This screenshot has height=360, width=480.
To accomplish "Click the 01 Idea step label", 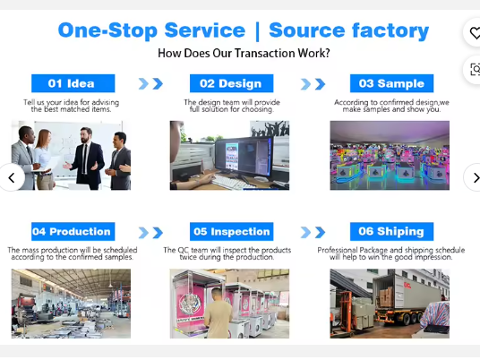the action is [73, 83].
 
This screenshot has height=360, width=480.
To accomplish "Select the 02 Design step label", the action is [231, 83].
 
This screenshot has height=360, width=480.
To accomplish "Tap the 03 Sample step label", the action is [392, 83].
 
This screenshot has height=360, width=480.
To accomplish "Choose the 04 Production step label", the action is [73, 231].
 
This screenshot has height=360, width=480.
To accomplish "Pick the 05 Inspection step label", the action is [231, 231].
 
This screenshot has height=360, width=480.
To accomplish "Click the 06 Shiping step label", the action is [392, 231].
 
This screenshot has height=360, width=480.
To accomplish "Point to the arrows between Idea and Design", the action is [150, 83].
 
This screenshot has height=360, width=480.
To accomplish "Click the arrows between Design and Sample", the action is [313, 84].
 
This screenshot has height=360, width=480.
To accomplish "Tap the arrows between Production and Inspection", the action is [150, 233].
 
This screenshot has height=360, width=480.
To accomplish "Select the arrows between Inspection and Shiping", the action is [313, 233].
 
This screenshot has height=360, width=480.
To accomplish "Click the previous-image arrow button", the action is [12, 177].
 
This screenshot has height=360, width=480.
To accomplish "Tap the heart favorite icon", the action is [475, 33].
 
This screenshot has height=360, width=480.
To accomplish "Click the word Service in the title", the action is [205, 30].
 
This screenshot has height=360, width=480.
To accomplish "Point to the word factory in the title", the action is [390, 31].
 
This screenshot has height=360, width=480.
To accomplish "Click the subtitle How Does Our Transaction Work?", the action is [244, 53].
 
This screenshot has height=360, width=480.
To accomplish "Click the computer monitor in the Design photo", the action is [244, 159].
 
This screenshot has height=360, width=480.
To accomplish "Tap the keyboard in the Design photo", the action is [233, 183].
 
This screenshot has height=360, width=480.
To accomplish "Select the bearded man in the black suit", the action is [86, 158].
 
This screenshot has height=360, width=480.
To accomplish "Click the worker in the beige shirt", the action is [218, 313].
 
